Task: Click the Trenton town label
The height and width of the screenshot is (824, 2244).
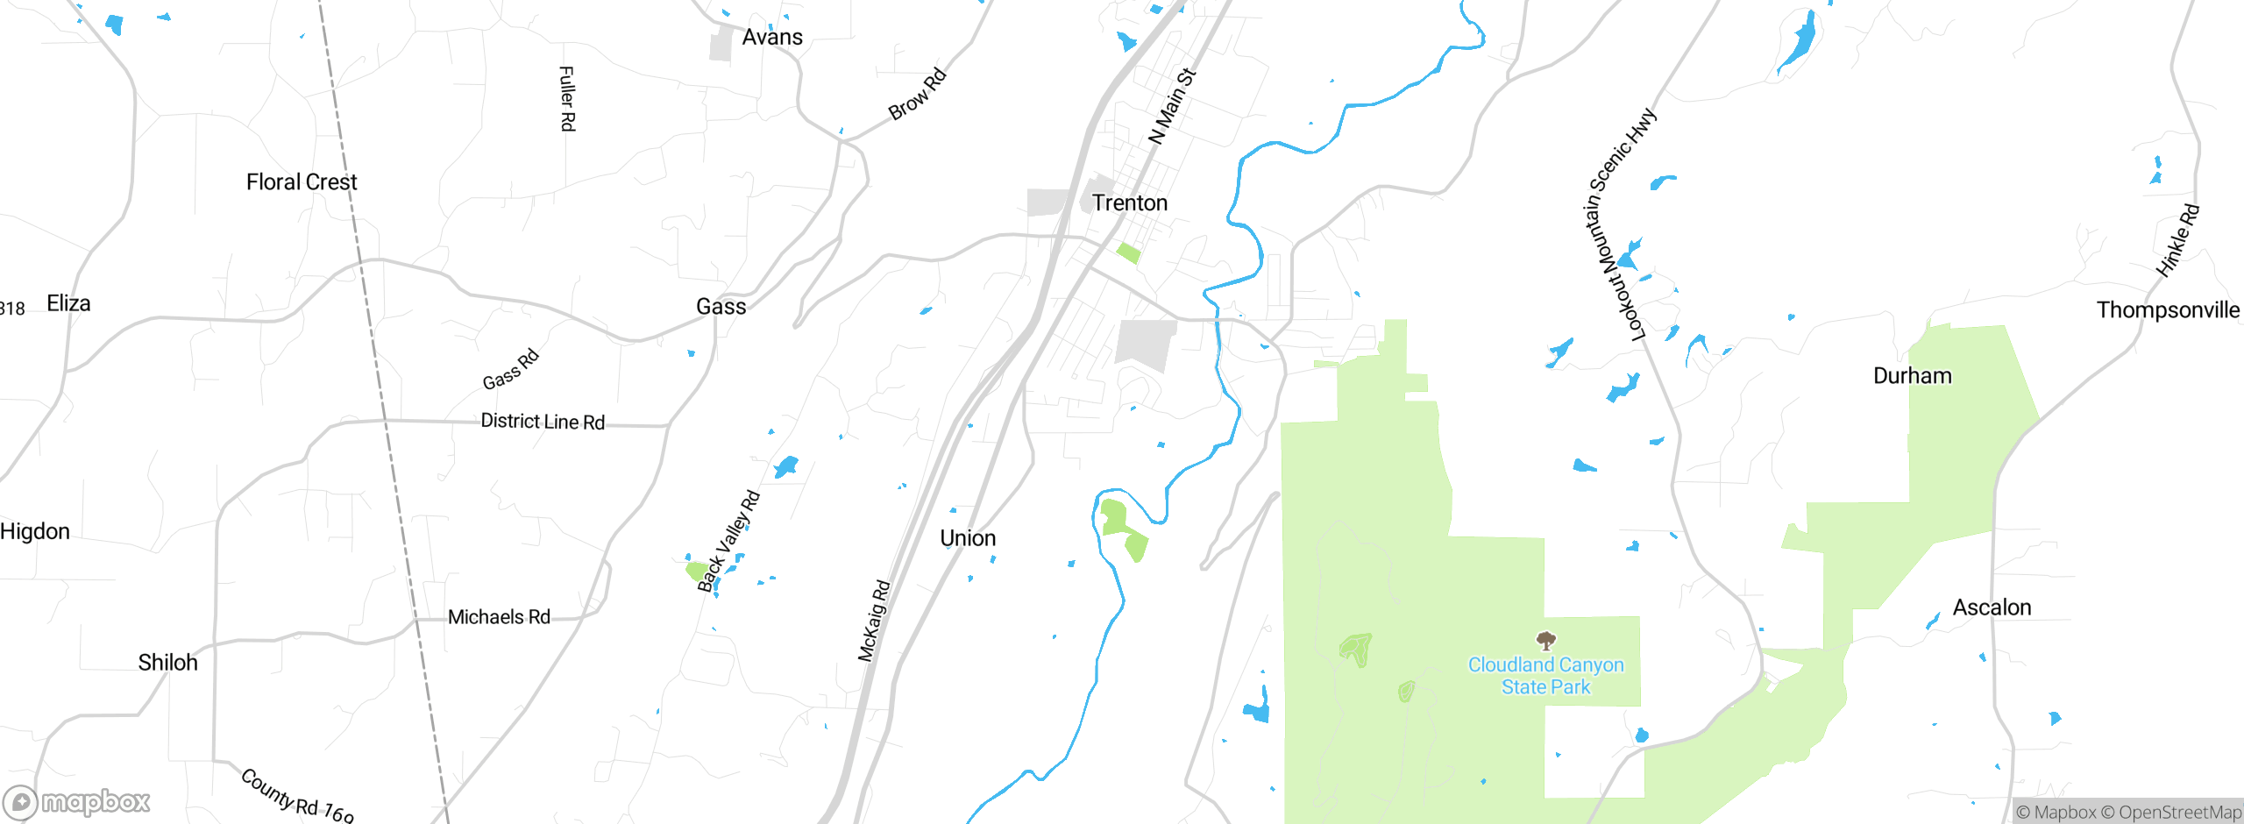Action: [1130, 203]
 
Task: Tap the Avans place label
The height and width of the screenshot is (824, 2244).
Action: [772, 38]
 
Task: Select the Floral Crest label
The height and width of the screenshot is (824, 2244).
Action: [302, 182]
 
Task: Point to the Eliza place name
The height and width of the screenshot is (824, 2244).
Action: [68, 303]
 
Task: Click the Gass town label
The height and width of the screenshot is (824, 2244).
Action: [721, 307]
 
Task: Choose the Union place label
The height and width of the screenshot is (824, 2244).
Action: [968, 538]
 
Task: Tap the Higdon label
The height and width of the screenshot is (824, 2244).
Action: [35, 532]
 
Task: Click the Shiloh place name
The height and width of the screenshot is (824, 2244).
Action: [167, 663]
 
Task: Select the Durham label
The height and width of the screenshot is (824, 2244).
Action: [1913, 376]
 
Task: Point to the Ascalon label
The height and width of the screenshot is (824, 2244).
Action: [1992, 607]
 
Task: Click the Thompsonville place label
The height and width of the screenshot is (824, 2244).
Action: [2168, 310]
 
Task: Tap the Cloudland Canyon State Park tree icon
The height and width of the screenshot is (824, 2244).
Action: [1546, 641]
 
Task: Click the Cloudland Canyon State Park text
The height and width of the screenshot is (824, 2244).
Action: [1546, 676]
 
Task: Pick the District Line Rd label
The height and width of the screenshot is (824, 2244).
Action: [543, 422]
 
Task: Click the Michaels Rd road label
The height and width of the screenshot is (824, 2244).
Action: [499, 617]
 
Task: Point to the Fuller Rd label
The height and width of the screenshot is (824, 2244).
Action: [567, 98]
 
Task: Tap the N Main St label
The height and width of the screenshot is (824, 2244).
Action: [1172, 106]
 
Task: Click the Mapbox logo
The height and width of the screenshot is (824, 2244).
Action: [77, 802]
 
